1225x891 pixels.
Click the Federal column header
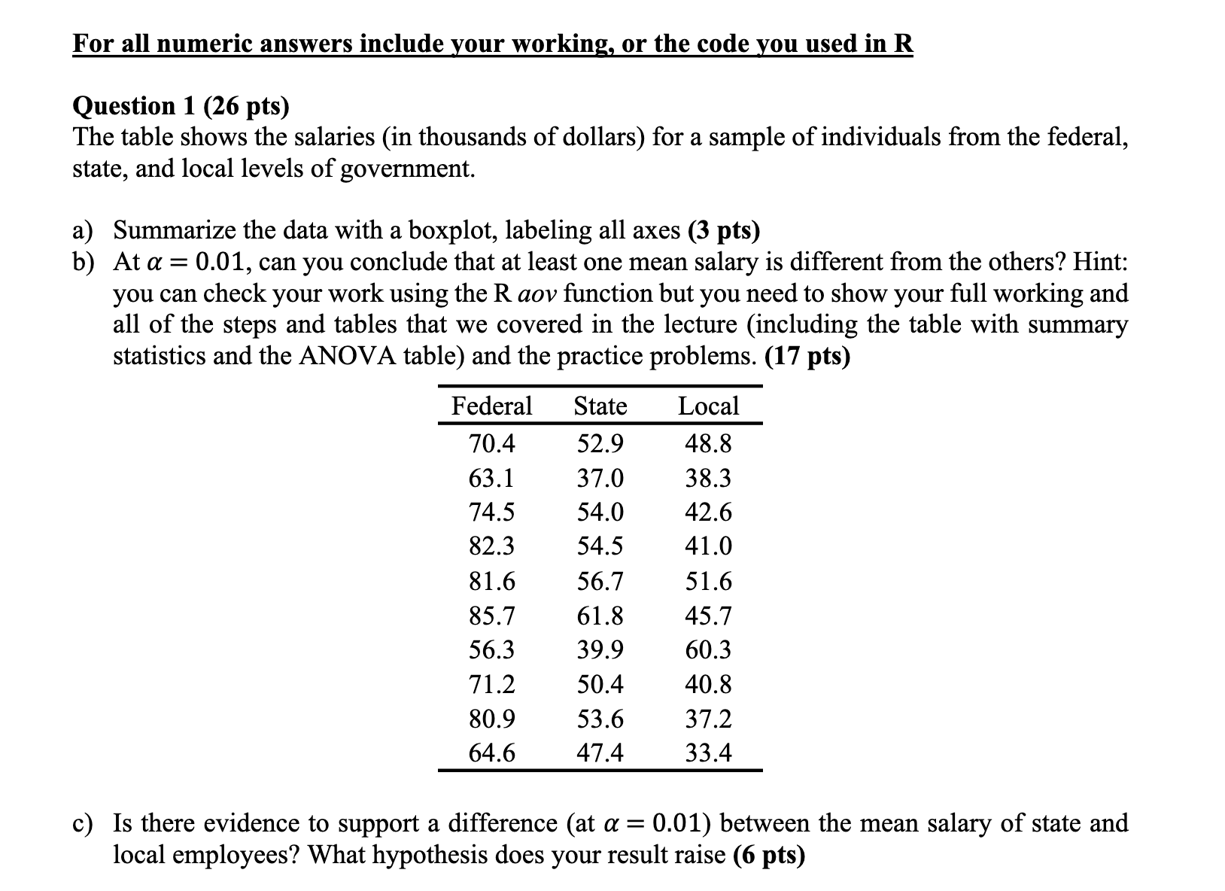point(491,406)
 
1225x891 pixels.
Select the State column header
point(600,406)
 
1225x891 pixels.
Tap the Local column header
point(708,406)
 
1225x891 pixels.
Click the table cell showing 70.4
point(492,444)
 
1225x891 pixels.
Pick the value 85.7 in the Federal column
point(492,616)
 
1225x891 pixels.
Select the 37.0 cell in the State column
point(600,478)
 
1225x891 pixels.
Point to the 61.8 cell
point(600,616)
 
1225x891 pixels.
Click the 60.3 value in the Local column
point(708,649)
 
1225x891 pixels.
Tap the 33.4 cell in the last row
point(708,753)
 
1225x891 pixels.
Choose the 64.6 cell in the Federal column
point(492,753)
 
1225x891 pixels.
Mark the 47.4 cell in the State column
point(600,753)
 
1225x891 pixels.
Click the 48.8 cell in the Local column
point(708,444)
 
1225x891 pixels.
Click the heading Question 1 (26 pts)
point(181,106)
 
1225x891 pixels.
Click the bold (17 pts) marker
point(807,356)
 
